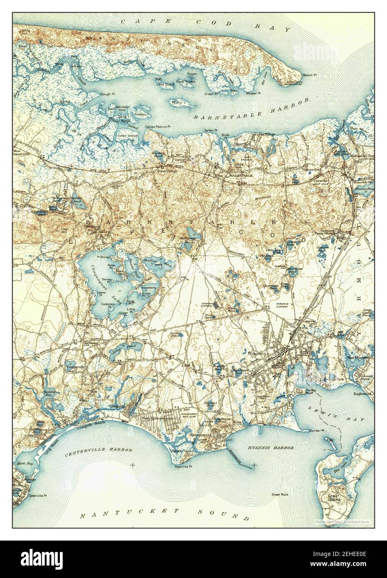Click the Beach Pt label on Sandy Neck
click(310, 75)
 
